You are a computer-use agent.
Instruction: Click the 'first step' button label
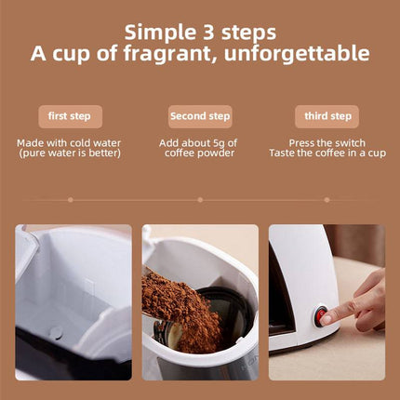point(70,116)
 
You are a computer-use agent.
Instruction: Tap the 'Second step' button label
point(200,116)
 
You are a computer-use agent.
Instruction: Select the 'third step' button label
point(328,116)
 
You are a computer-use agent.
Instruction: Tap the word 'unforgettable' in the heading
point(304,54)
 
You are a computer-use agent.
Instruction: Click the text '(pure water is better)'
point(70,153)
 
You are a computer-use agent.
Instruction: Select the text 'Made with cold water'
point(70,142)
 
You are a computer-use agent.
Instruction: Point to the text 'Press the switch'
point(328,142)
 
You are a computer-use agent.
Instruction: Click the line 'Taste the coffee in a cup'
point(328,153)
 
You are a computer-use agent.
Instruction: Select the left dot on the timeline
point(71,198)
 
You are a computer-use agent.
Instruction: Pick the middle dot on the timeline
point(200,198)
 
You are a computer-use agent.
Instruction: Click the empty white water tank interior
point(74,288)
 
